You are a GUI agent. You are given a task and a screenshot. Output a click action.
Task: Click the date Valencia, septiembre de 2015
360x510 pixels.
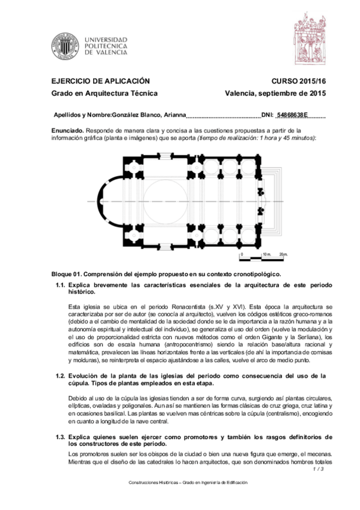[x=275, y=93]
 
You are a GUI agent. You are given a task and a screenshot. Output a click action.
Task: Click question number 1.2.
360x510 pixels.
[x=60, y=376]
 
